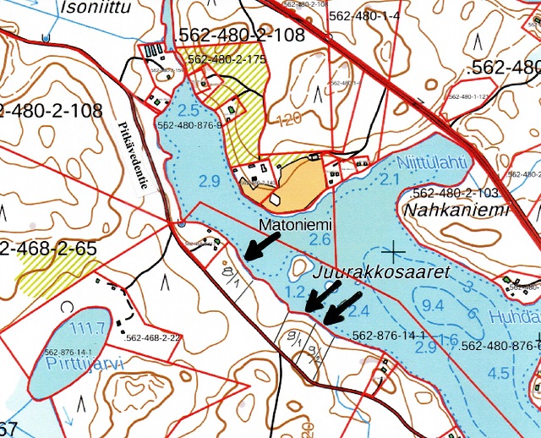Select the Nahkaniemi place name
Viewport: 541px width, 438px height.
pos(455,210)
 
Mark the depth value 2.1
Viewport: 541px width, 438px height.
pos(389,179)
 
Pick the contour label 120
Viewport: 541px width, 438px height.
pos(287,118)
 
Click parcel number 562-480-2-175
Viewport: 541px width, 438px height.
pos(227,59)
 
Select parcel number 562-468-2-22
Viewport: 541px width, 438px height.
pos(152,337)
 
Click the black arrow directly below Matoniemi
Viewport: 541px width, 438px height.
pos(263,246)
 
